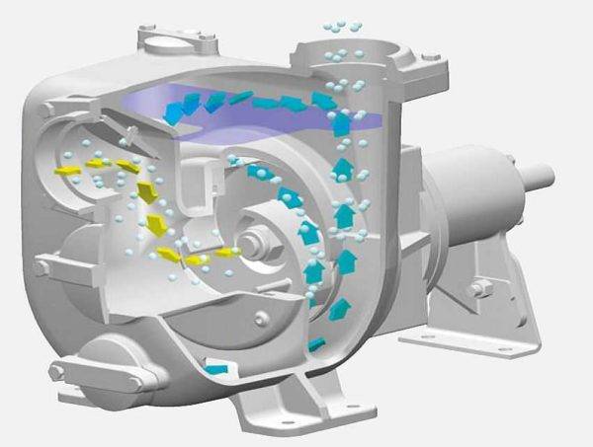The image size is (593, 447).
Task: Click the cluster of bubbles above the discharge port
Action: (x=341, y=25)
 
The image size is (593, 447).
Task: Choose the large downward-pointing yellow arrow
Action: (x=148, y=192)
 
